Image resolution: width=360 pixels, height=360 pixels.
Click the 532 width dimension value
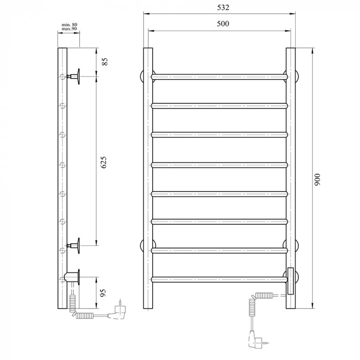tap(223, 7)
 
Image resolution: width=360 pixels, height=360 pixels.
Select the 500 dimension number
tap(223, 24)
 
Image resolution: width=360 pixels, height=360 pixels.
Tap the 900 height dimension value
tap(317, 180)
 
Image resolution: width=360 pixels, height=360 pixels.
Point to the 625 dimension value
tap(104, 163)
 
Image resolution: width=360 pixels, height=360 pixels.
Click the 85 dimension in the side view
tap(104, 62)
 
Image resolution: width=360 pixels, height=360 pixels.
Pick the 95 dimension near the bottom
tap(103, 293)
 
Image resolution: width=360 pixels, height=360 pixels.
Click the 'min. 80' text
tap(69, 25)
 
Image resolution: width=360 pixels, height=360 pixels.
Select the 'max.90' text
tap(69, 29)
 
